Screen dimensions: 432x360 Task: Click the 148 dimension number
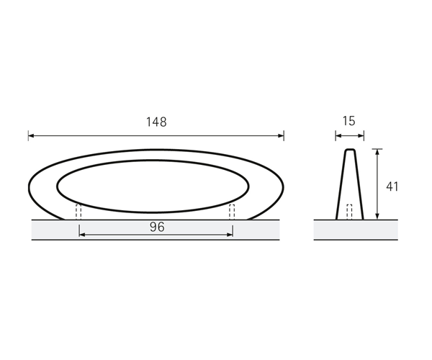(x=156, y=122)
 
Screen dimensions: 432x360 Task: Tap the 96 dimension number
(x=157, y=227)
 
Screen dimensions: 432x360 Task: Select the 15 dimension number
(x=349, y=121)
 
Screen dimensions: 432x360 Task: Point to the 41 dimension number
(x=392, y=186)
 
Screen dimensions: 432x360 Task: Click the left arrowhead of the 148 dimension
(x=31, y=135)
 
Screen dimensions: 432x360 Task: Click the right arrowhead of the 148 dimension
(x=281, y=135)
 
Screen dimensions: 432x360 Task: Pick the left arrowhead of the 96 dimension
(x=82, y=235)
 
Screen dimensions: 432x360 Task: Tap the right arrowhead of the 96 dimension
(x=230, y=235)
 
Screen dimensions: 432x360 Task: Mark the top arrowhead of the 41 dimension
(x=377, y=152)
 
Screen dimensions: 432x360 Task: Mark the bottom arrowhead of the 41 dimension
(x=377, y=217)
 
